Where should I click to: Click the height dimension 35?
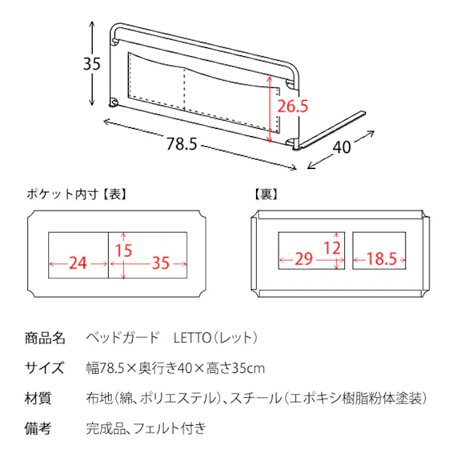(x=93, y=64)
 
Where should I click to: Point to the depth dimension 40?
(x=342, y=147)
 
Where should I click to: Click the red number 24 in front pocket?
(x=78, y=262)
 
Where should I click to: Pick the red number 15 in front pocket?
(x=124, y=250)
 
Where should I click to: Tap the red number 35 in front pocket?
(x=161, y=262)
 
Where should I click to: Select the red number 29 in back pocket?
(x=304, y=259)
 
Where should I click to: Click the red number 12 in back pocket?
(x=332, y=248)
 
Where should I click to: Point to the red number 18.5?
(x=381, y=259)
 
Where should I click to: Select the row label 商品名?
(x=45, y=337)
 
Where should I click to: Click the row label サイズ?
(x=44, y=368)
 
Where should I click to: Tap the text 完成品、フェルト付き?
(x=146, y=429)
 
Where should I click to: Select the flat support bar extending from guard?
(x=334, y=130)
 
